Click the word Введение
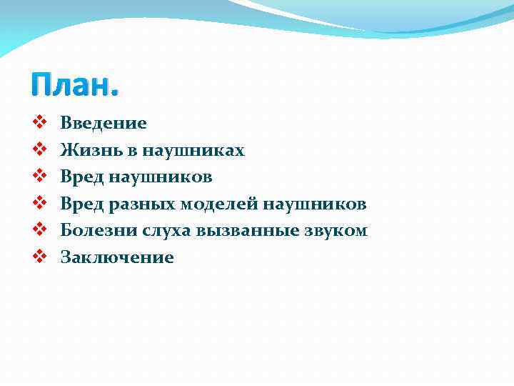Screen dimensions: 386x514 (104, 124)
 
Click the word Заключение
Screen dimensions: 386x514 (117, 258)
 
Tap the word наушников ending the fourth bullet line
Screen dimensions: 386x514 (315, 204)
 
